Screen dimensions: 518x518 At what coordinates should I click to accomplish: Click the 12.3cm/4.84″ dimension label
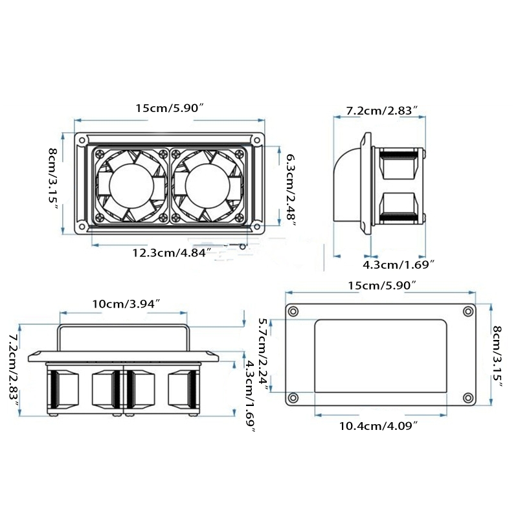pos(172,253)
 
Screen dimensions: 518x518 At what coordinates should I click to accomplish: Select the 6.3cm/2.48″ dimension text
pos(291,189)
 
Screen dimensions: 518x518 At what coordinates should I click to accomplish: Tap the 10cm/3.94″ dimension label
pos(126,304)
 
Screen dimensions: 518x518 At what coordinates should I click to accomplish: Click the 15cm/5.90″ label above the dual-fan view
pos(170,108)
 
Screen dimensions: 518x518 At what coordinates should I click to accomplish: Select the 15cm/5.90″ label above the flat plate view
pos(381,285)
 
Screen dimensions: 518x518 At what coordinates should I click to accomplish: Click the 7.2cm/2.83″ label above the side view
pos(381,111)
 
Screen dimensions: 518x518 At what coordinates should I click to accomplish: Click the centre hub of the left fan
pos(131,185)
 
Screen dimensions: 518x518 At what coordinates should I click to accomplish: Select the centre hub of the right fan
pos(207,185)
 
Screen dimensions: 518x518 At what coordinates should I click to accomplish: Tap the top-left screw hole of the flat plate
pos(293,312)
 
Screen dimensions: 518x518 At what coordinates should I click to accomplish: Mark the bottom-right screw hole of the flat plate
pos(468,398)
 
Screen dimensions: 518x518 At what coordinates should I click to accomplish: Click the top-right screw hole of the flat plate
pos(468,312)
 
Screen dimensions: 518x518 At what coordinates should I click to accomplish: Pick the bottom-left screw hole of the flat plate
pos(293,398)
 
